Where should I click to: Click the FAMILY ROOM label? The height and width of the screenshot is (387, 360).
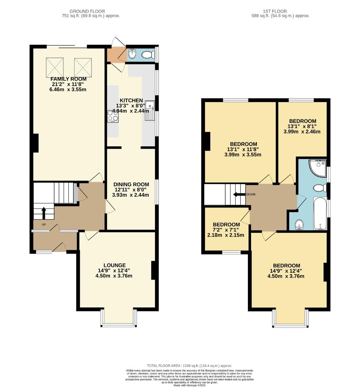(68, 79)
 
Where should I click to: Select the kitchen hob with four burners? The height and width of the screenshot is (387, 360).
(113, 116)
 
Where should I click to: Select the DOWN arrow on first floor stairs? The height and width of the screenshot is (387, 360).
(237, 195)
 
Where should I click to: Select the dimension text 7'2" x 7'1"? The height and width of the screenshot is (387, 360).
(226, 230)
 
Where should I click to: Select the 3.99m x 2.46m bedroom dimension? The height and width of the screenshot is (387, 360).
(302, 132)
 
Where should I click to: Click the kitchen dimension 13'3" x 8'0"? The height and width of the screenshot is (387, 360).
(131, 106)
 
